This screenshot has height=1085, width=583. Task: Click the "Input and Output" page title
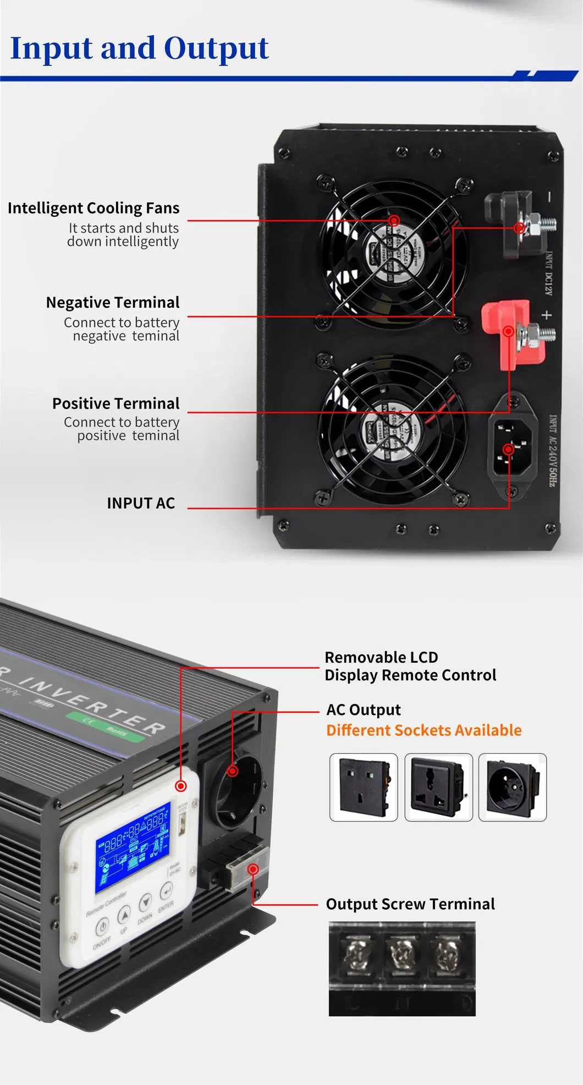point(139,48)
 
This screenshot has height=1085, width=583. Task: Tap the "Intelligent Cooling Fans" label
point(94,208)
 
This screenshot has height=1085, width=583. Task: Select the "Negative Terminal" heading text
point(113,303)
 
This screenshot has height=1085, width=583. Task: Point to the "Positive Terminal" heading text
point(116,404)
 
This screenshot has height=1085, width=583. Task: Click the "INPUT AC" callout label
point(141,503)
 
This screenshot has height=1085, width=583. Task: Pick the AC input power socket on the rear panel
point(513,447)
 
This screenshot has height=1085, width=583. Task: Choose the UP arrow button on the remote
point(124,915)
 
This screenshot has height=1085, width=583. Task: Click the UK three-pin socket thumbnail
point(364,787)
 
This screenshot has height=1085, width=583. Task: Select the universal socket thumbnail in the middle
point(438,787)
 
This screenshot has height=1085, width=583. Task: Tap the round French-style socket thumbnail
point(513,787)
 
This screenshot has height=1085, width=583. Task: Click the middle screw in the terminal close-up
point(401,954)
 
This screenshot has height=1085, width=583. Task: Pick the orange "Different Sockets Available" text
point(424,730)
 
